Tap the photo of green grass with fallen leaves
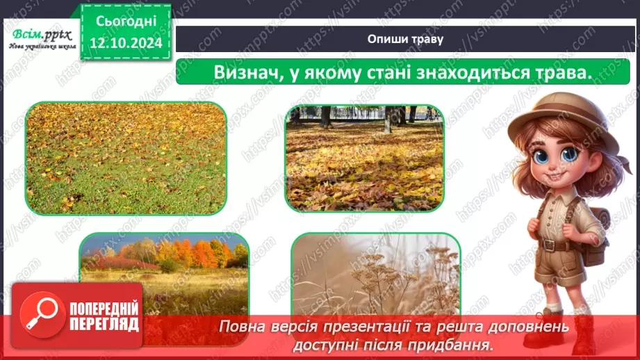(126, 158)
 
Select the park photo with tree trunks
(364, 158)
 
